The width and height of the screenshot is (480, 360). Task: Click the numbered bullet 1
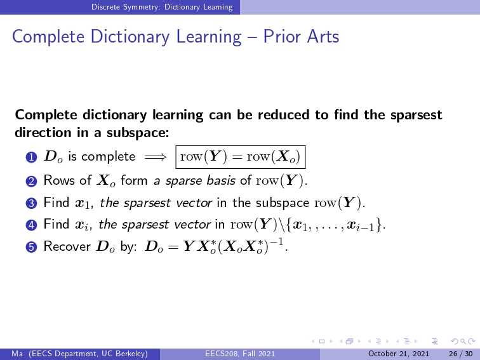coord(32,157)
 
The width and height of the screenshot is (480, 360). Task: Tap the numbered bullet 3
coord(32,203)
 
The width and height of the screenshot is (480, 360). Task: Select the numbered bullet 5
coord(32,247)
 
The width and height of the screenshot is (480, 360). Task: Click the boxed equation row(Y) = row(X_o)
coord(241,157)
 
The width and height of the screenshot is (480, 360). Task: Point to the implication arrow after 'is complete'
coord(156,157)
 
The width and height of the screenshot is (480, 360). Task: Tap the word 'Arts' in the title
coord(323,37)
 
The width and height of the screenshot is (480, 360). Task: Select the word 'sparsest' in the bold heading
coord(417,115)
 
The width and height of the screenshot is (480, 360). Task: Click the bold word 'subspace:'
coord(138,133)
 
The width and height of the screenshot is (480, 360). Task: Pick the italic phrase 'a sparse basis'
coord(194,180)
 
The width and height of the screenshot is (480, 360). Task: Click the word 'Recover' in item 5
coord(67,246)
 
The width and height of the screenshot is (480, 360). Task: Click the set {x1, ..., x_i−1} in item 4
coord(333,225)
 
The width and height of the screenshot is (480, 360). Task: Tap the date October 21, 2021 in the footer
coord(399,354)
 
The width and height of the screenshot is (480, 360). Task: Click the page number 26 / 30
coord(461,354)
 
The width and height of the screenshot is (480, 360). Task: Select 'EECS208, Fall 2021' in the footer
coord(240,354)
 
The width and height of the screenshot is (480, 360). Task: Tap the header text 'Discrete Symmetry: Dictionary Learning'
coord(162,7)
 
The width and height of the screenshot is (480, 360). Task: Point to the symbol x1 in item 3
coord(83,204)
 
